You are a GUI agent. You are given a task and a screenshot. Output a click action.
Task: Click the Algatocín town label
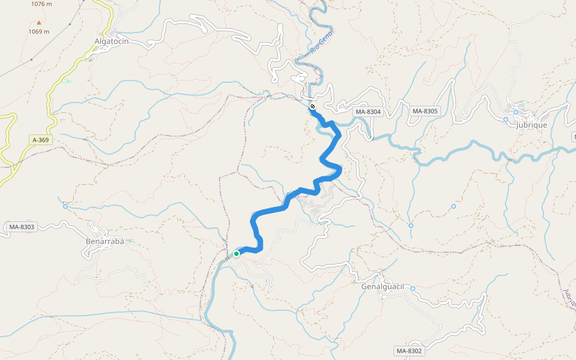[112, 41]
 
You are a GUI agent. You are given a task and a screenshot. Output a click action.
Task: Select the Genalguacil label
[384, 286]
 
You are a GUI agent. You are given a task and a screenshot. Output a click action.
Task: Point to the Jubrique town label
[531, 124]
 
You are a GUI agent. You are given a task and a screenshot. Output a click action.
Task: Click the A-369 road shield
[41, 140]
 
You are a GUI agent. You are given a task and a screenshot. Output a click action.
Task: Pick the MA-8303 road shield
[22, 227]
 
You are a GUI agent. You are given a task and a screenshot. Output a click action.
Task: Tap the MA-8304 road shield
[368, 112]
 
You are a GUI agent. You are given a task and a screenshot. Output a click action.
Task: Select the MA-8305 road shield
[425, 111]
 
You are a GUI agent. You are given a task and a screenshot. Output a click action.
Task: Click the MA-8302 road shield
[409, 350]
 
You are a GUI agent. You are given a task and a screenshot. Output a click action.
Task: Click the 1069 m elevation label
[39, 31]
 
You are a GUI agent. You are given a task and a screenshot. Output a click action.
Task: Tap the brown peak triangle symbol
[39, 23]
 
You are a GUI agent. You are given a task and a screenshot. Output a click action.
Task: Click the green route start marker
[236, 254]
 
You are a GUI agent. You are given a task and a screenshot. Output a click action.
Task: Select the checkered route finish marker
[313, 107]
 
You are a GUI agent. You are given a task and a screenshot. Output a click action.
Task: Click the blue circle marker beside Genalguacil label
[413, 289]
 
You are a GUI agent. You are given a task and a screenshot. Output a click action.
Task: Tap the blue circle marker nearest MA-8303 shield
[65, 206]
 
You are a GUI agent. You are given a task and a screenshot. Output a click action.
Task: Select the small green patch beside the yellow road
[66, 80]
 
